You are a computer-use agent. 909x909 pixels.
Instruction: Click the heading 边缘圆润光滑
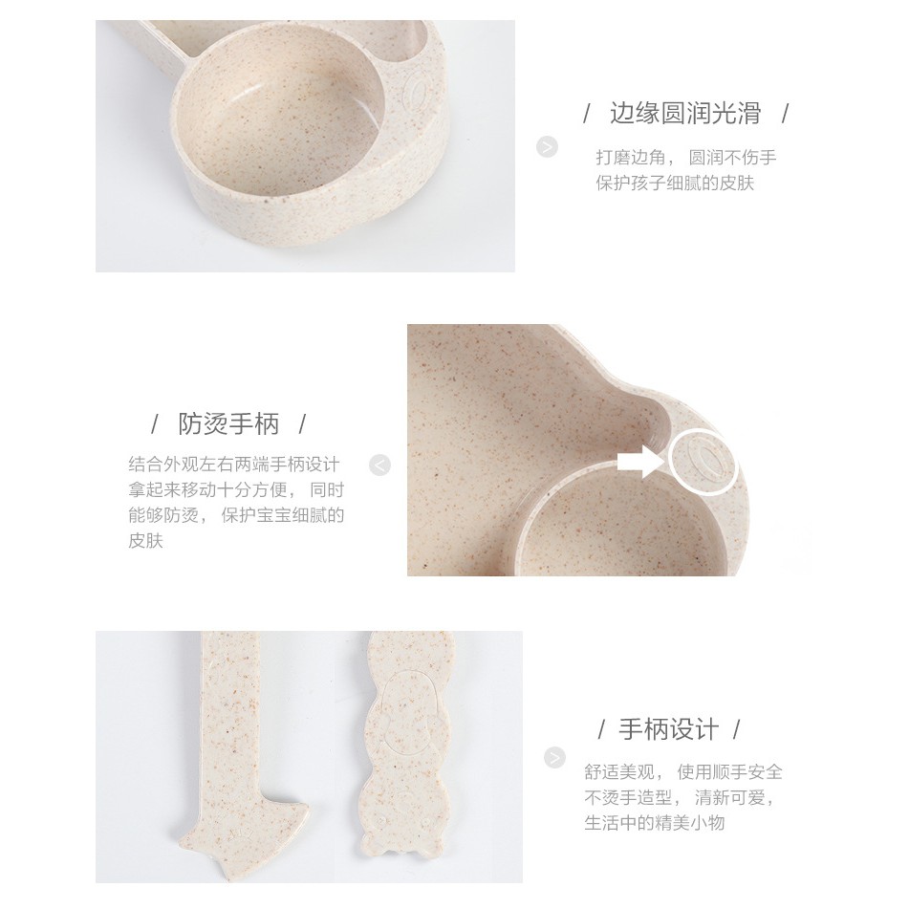tap(685, 115)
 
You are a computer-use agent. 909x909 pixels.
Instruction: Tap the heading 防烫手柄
tap(229, 423)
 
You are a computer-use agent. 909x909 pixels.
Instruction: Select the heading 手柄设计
tap(668, 731)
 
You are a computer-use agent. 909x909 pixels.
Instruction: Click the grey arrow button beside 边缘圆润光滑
tap(547, 147)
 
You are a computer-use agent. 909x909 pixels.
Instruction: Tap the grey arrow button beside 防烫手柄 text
tap(380, 465)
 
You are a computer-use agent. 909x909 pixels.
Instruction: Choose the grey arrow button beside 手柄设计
tap(554, 758)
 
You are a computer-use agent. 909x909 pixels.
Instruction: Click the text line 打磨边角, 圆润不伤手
tap(685, 157)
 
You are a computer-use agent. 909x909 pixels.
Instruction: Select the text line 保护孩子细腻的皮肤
tap(675, 183)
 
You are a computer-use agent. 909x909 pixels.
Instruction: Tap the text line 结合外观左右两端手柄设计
tap(234, 465)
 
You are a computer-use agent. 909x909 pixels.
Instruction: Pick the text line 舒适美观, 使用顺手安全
tap(683, 771)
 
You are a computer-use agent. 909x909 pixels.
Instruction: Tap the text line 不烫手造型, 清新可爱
tap(684, 797)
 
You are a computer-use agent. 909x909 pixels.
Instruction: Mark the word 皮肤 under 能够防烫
tap(146, 542)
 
